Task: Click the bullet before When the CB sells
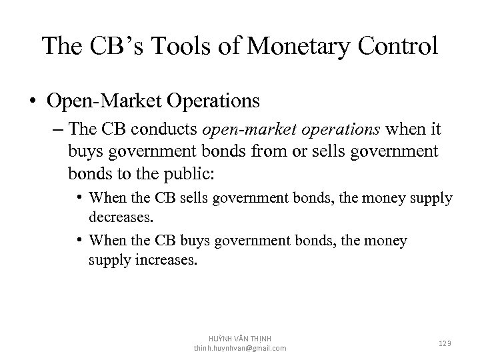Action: click(x=79, y=197)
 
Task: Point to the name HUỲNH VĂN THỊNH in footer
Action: click(x=241, y=339)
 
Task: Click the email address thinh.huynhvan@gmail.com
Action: click(x=240, y=348)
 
